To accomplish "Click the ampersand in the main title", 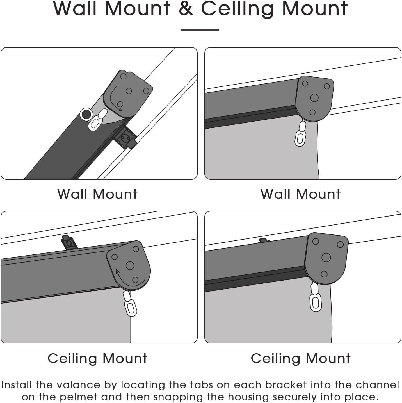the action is click(x=186, y=8).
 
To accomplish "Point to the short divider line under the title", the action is click(x=200, y=30).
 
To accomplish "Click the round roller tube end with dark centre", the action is click(x=86, y=114).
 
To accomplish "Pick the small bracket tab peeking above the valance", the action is click(x=264, y=240).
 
